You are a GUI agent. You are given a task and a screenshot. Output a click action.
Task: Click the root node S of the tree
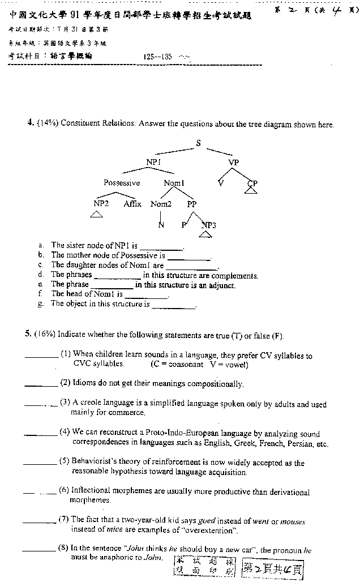click(x=198, y=143)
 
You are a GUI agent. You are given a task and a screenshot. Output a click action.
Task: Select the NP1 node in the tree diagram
click(x=153, y=162)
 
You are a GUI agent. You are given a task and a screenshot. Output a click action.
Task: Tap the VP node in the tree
click(x=234, y=162)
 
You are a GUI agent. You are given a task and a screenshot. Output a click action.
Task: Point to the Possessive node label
click(x=121, y=183)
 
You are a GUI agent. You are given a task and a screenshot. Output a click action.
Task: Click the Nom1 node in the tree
click(x=173, y=183)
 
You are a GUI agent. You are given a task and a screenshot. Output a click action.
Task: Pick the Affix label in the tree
click(x=132, y=204)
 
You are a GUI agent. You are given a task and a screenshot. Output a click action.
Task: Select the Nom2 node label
click(x=161, y=204)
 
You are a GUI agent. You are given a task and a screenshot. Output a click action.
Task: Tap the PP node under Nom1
click(x=192, y=204)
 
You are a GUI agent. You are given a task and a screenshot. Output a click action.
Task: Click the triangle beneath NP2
click(x=96, y=214)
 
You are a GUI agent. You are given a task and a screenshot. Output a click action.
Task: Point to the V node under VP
click(x=221, y=182)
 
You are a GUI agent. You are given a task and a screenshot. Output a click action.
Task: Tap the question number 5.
click(x=28, y=334)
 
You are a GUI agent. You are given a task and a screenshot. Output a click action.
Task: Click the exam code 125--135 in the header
click(x=158, y=57)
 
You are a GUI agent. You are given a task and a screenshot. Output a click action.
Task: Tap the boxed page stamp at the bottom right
click(x=272, y=567)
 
